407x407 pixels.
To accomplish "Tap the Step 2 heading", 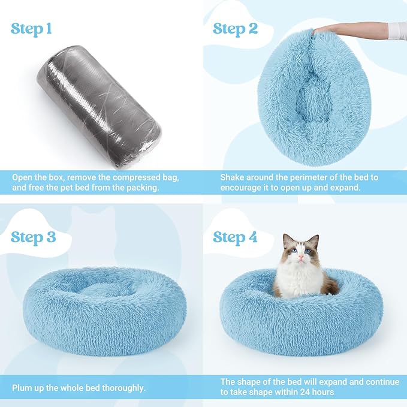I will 235,28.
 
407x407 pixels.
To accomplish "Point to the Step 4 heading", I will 235,237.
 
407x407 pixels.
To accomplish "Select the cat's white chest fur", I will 303,282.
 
